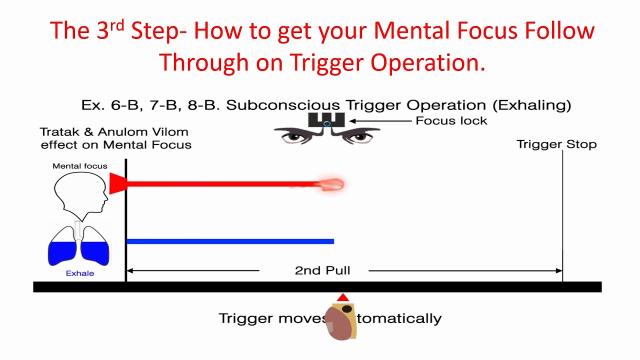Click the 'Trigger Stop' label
coord(556,144)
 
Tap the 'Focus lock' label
coord(451,120)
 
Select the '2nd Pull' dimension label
coord(322,270)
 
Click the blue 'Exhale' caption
coord(80,273)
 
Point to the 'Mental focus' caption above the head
coord(80,166)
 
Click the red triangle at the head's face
coord(117,183)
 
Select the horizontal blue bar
coord(230,241)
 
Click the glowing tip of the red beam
coord(332,185)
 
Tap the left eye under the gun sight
coord(297,135)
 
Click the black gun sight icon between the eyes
coord(326,120)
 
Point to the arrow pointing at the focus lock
coord(380,120)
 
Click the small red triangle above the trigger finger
coord(342,298)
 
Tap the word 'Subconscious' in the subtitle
coord(283,105)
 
